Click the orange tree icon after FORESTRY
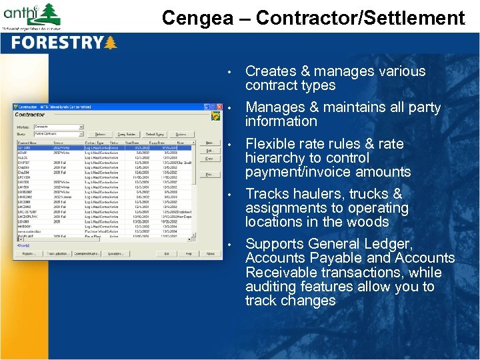[110, 43]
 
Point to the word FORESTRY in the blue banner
[57, 43]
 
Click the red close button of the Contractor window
[218, 107]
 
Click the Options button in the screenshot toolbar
[181, 134]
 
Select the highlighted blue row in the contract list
[107, 147]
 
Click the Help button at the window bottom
[189, 254]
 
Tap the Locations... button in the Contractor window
[115, 254]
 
